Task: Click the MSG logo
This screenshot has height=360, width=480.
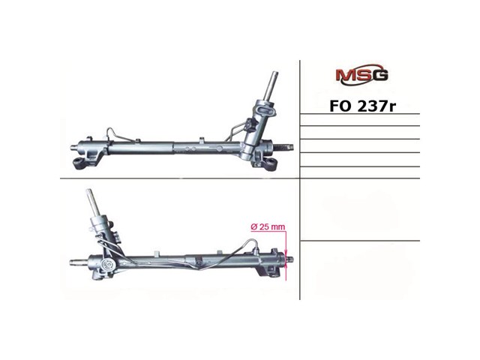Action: coord(361,74)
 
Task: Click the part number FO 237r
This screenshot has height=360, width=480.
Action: coord(363,106)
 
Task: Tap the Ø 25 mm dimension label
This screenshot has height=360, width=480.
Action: coord(268,226)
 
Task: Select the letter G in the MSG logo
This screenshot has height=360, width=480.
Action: coord(380,75)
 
